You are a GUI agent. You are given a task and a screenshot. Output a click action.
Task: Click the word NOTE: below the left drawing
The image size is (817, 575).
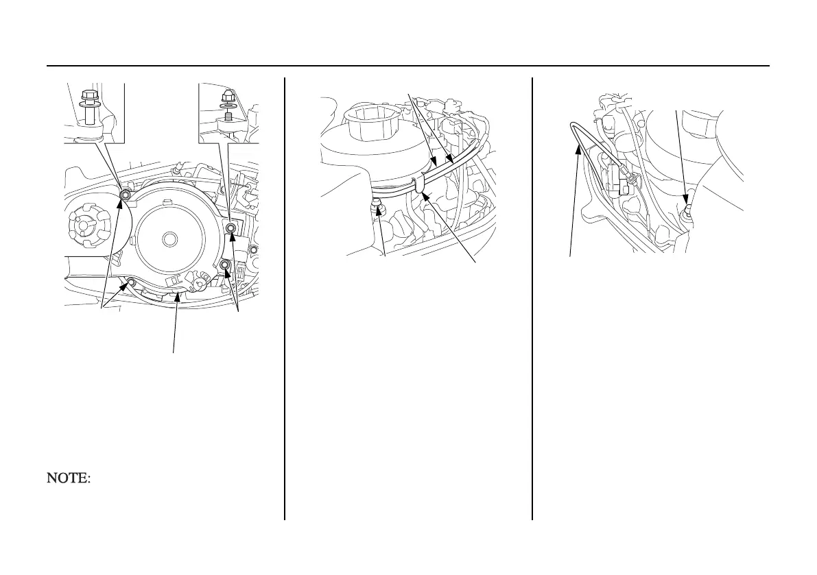click(x=68, y=478)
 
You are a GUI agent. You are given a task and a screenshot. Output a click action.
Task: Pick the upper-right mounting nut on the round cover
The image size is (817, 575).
click(x=231, y=228)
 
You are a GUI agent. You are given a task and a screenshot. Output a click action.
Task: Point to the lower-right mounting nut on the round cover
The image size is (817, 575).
click(x=225, y=265)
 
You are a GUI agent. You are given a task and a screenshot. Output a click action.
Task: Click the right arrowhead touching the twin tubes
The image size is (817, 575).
click(x=450, y=160)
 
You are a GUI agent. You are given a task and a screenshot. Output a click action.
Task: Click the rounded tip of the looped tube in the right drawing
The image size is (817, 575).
click(x=573, y=126)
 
